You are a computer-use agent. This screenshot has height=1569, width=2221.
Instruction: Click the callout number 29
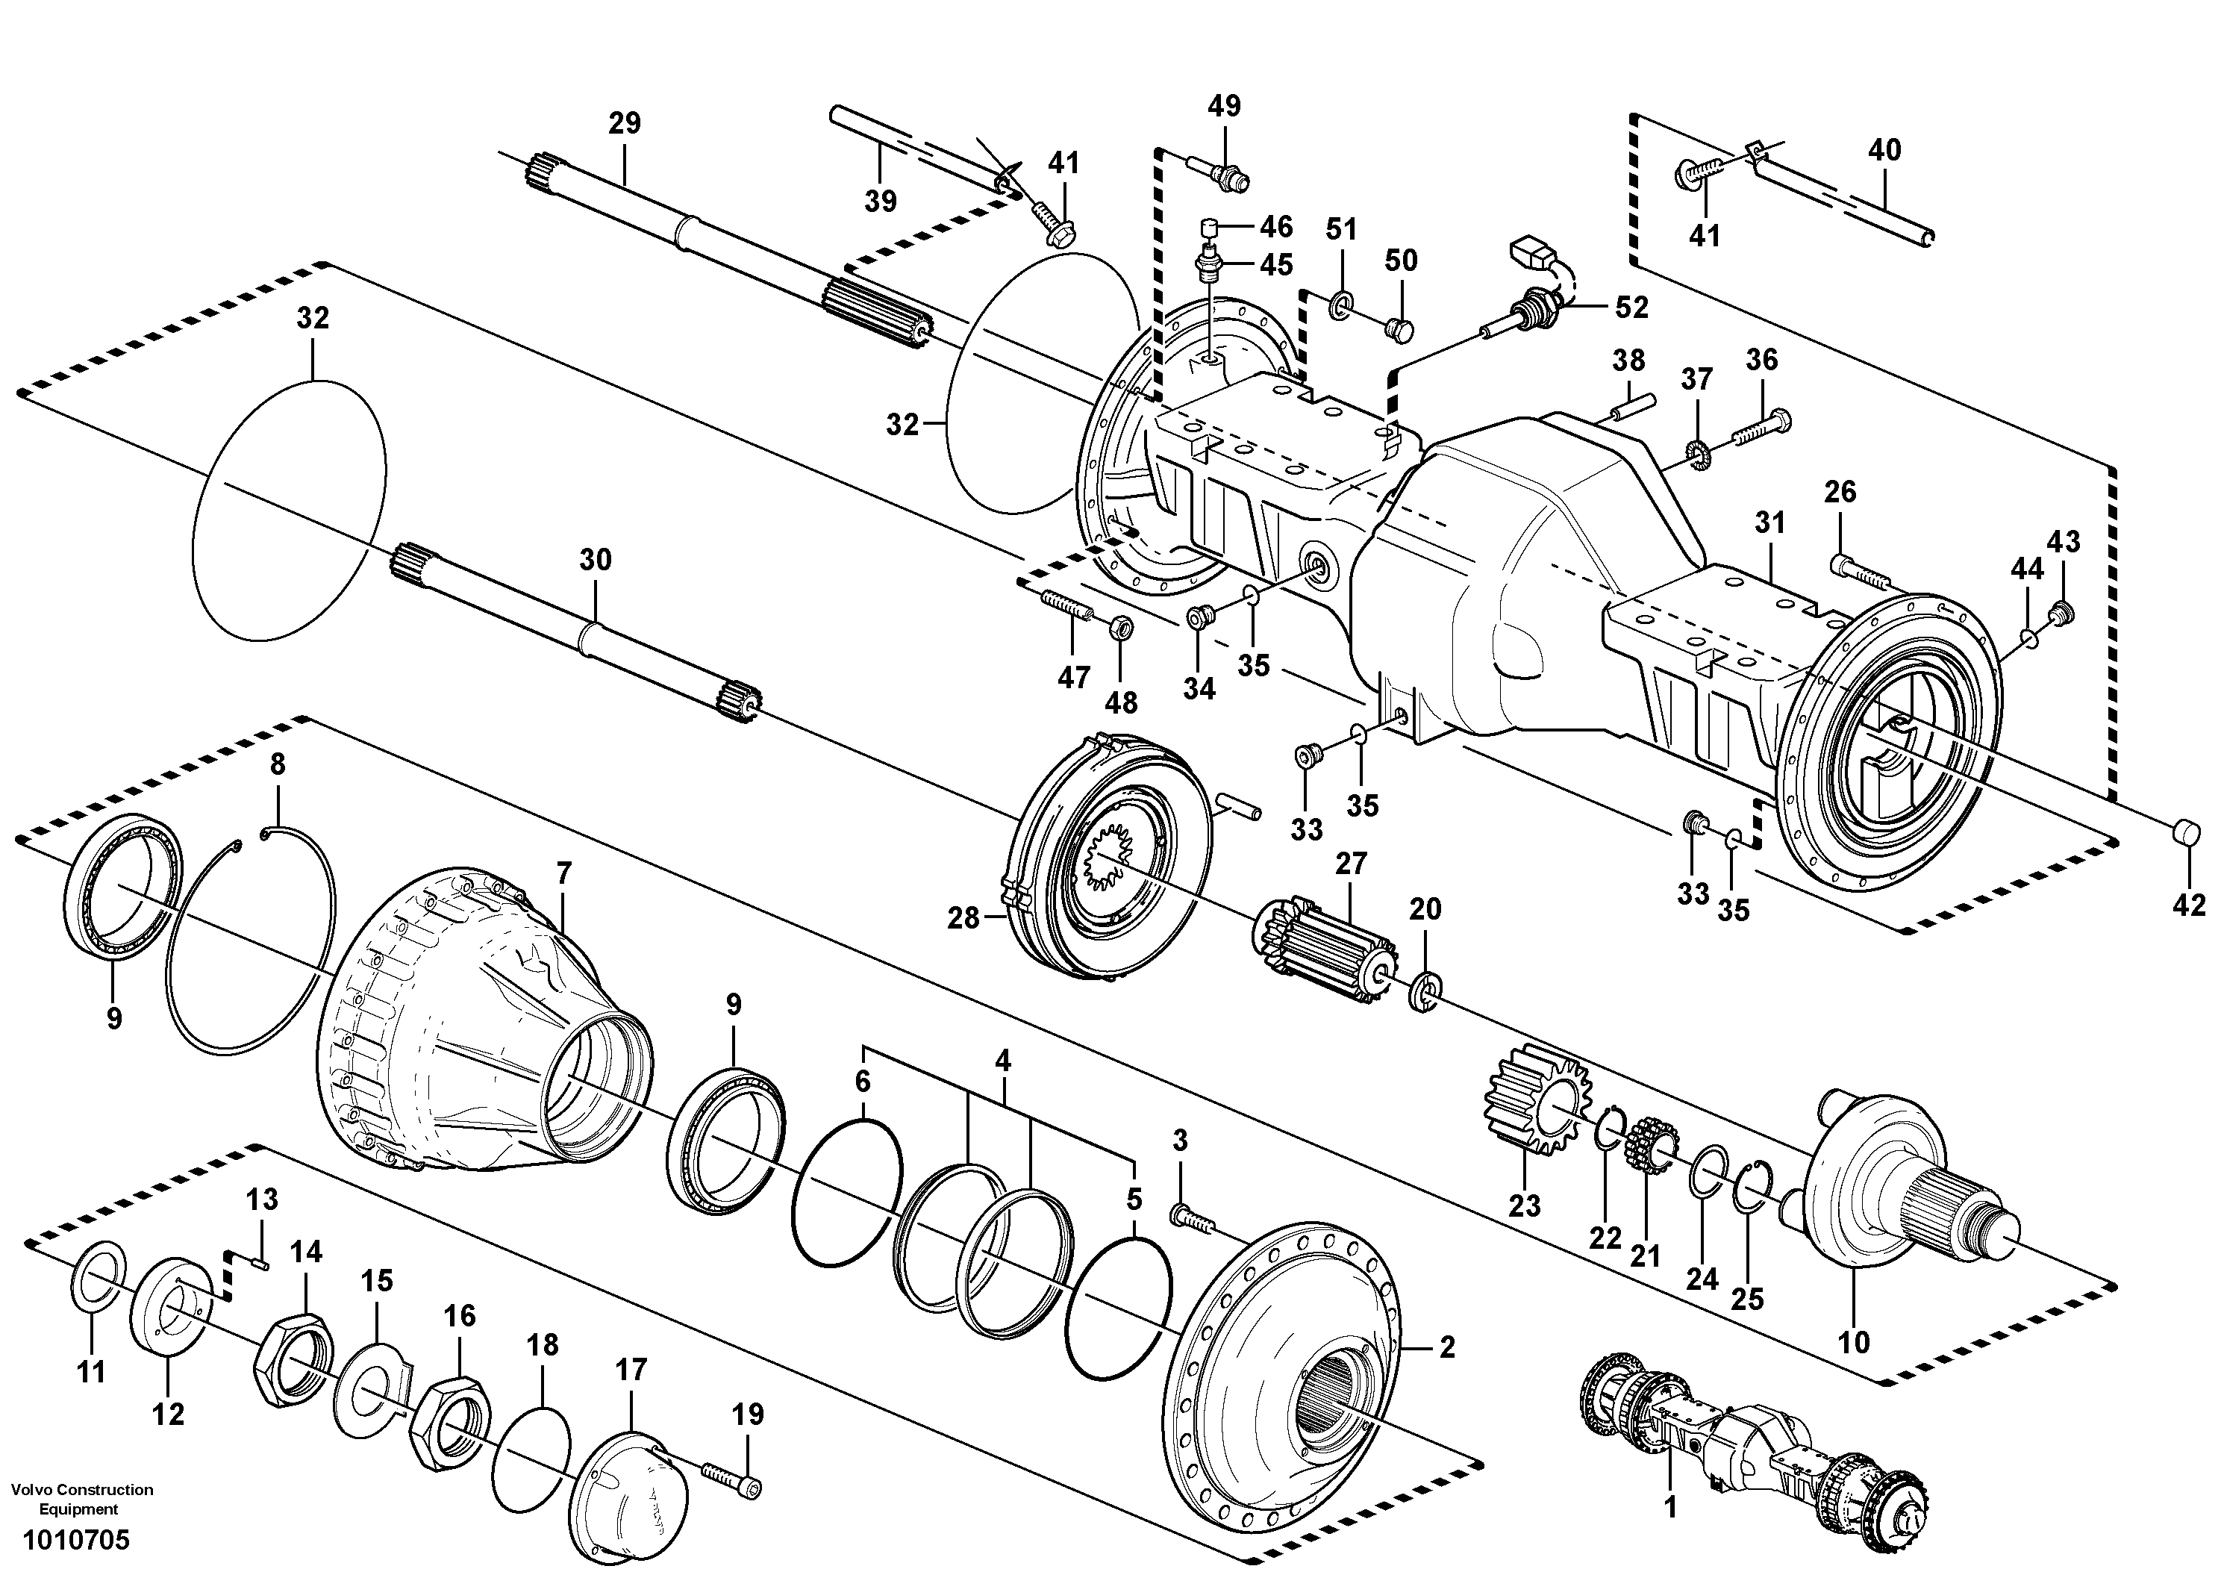point(624,124)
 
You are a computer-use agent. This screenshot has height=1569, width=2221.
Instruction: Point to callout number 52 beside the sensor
point(1632,308)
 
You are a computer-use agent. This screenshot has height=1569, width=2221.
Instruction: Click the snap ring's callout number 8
point(278,765)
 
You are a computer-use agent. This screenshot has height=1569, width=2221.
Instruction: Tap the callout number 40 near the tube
point(1884,150)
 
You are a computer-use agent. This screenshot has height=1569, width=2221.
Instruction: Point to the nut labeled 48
point(1123,627)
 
